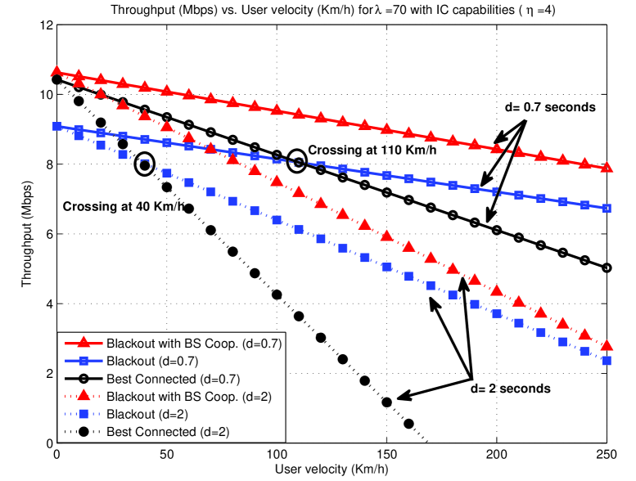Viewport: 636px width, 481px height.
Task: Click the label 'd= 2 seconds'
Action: (x=508, y=387)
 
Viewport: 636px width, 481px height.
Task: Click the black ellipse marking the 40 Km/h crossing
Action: (x=145, y=164)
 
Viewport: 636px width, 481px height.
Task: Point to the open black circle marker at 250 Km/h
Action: (x=607, y=267)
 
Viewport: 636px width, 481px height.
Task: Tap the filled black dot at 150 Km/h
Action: (x=386, y=402)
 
